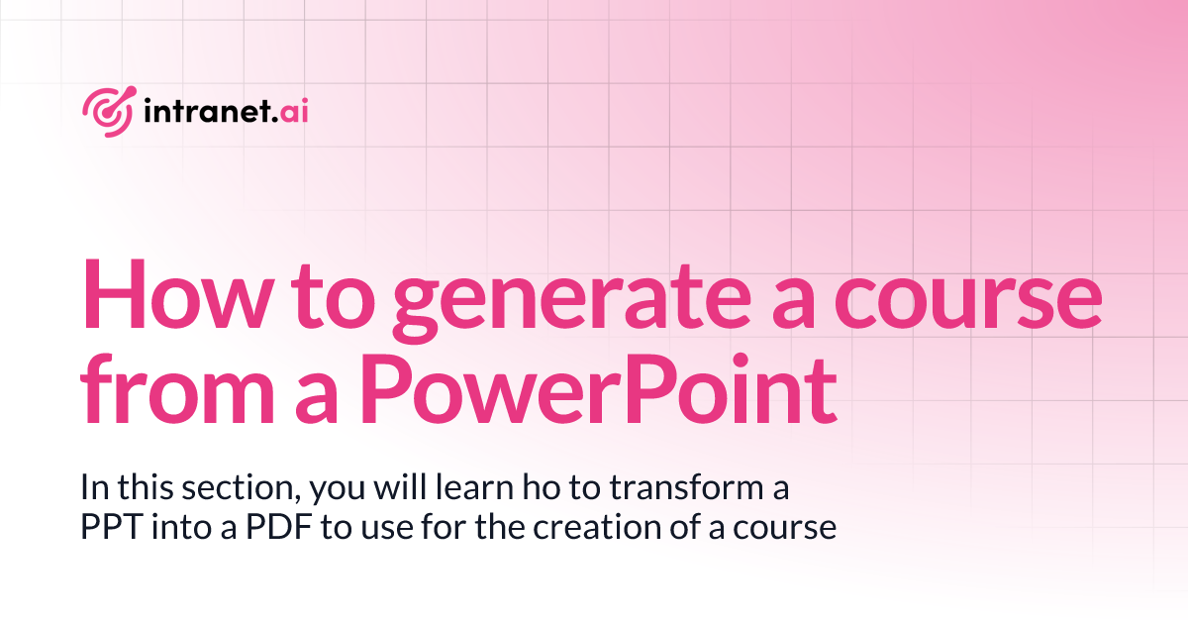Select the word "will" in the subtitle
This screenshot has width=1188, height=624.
tap(392, 488)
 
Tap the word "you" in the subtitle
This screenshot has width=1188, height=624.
tap(331, 490)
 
